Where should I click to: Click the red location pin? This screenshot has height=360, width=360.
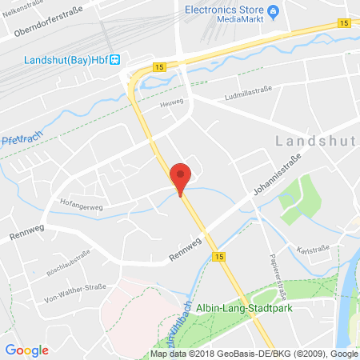tap(182, 177)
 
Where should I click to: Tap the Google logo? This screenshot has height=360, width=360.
tap(26, 350)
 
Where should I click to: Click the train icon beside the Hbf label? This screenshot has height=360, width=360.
tap(115, 58)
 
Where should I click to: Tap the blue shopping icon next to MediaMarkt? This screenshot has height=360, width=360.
tap(273, 10)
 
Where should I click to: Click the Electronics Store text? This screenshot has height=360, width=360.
tap(224, 10)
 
